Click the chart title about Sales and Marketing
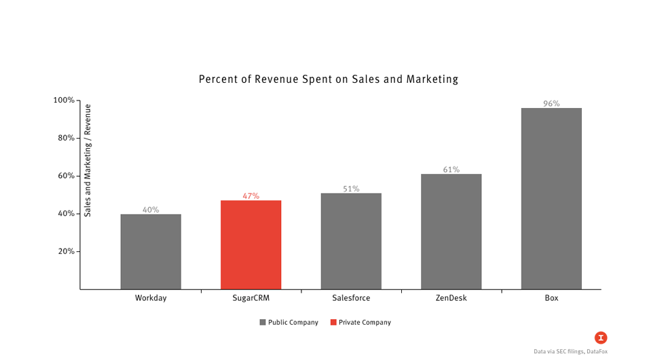(328, 79)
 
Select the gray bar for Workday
(151, 251)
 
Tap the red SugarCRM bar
(251, 245)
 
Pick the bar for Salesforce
(351, 241)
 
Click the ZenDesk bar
(451, 231)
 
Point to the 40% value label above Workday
(151, 210)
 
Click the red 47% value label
(251, 196)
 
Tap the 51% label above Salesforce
(351, 189)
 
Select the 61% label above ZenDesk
(451, 170)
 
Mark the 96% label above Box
(551, 104)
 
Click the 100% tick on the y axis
(64, 101)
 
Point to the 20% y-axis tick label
(66, 251)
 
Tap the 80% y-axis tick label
(66, 138)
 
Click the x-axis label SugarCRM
(251, 298)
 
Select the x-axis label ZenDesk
(451, 298)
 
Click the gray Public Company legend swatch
(263, 323)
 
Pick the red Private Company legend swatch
(333, 323)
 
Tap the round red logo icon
(600, 338)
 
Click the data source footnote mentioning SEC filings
(570, 351)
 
